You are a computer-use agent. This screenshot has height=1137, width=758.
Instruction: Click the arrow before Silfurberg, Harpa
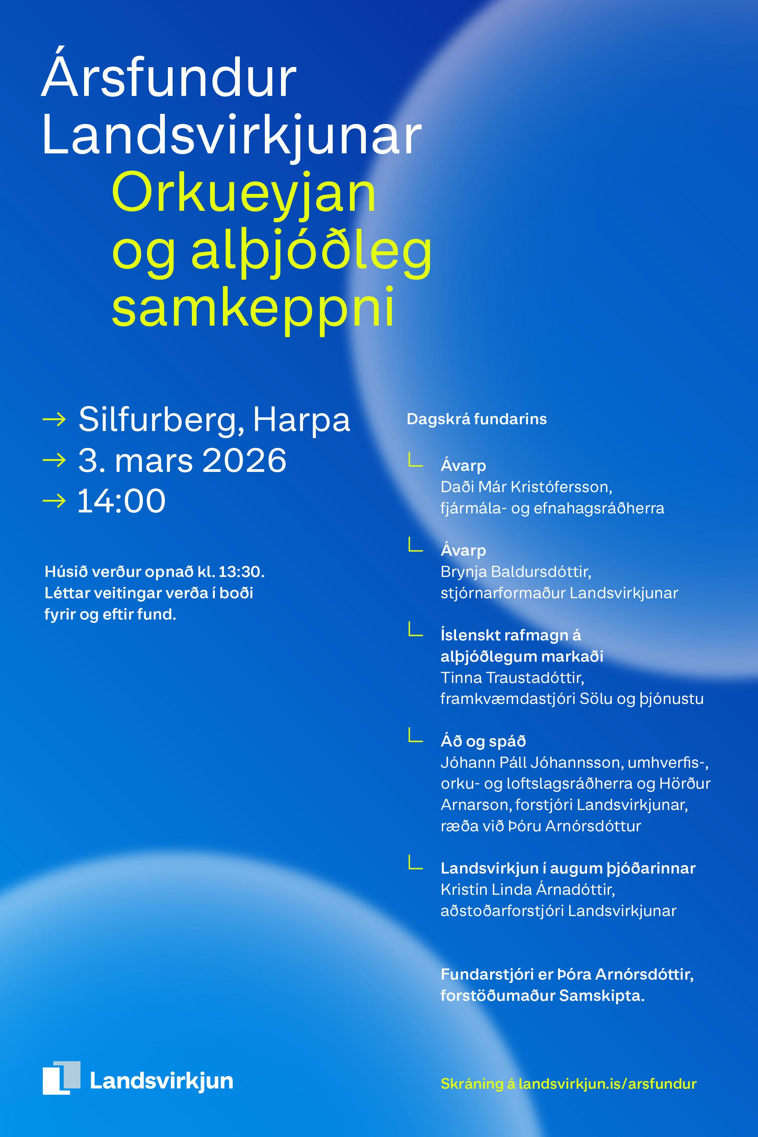54,420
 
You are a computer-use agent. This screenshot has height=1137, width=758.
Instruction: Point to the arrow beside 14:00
54,501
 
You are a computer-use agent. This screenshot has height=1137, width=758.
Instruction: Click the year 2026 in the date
244,460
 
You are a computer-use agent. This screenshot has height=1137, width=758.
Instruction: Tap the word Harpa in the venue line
301,420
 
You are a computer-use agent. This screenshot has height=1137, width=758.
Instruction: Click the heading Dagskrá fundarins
477,419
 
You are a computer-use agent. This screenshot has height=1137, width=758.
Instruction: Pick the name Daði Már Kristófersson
526,487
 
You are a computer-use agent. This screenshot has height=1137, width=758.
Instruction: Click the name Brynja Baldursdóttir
516,572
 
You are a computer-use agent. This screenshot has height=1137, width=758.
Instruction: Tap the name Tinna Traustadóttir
512,678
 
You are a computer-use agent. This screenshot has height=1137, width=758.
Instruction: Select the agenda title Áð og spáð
483,741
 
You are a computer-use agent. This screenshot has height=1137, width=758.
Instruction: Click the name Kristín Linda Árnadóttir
527,889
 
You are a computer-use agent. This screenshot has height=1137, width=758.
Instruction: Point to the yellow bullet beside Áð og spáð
415,736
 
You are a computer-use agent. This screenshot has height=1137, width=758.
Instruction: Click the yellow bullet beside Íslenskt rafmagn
415,630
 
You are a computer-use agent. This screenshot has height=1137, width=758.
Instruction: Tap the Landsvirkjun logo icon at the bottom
61,1078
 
